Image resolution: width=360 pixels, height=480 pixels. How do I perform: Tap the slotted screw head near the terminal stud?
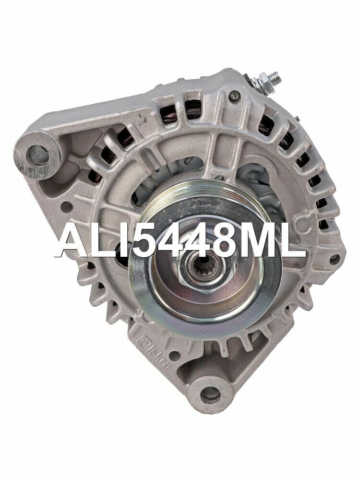[x=235, y=96]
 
